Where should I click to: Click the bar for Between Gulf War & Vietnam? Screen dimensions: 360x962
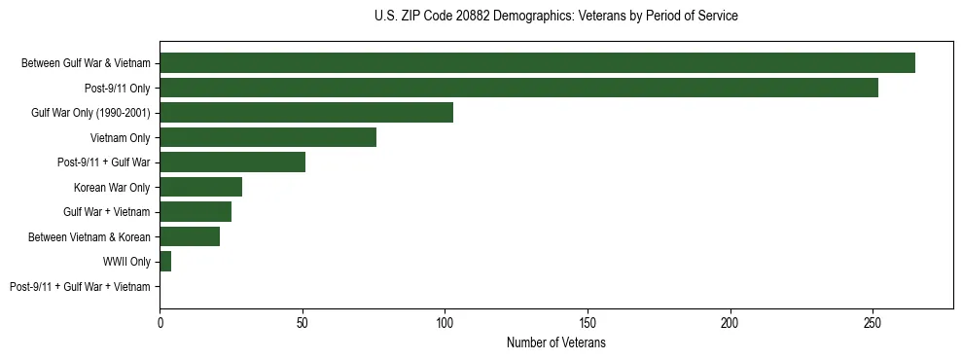(x=537, y=63)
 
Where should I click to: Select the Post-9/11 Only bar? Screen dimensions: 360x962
(x=518, y=88)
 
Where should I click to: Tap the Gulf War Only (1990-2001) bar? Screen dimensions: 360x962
(x=306, y=112)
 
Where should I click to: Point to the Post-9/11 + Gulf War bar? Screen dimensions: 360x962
(x=232, y=162)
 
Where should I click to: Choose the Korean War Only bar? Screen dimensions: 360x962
(x=200, y=187)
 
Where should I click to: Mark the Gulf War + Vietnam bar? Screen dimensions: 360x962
(x=196, y=211)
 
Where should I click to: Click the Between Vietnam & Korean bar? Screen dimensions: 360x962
(x=190, y=236)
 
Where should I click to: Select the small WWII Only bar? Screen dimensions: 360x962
(x=165, y=261)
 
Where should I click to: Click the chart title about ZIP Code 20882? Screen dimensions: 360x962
(x=555, y=17)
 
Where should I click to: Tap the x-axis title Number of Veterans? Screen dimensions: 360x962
(x=555, y=343)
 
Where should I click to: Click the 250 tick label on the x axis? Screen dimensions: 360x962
(x=873, y=322)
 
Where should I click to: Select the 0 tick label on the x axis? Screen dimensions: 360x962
(x=160, y=322)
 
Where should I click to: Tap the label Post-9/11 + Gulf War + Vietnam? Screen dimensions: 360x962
(x=80, y=286)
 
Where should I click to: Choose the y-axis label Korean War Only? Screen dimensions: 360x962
(x=112, y=187)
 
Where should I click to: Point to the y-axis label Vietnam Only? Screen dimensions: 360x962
(x=121, y=137)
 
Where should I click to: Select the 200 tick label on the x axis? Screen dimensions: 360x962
(x=730, y=322)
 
